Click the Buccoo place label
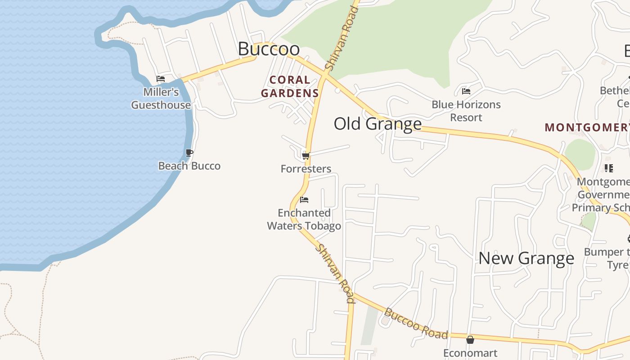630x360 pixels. coord(269,49)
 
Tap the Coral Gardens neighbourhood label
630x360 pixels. coord(290,87)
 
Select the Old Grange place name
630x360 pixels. coord(378,124)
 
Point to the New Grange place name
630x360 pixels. coord(526,258)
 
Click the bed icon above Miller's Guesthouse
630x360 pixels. coord(161,79)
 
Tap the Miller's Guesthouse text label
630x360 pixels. coord(161,99)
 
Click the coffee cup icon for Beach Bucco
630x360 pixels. coord(189,153)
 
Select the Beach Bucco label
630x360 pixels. coord(189,166)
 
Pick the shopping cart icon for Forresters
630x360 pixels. coord(306,156)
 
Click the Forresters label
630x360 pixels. coord(306,169)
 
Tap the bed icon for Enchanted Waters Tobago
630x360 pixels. coord(304,200)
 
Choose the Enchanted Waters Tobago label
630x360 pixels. coord(304,219)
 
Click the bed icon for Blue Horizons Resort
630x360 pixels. coord(466,91)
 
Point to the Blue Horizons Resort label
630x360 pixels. coord(466,111)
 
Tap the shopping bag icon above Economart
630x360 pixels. coord(470,340)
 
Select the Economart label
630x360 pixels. coord(470,353)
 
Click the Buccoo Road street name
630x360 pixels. coord(416,323)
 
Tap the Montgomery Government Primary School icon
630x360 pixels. coord(609,168)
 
